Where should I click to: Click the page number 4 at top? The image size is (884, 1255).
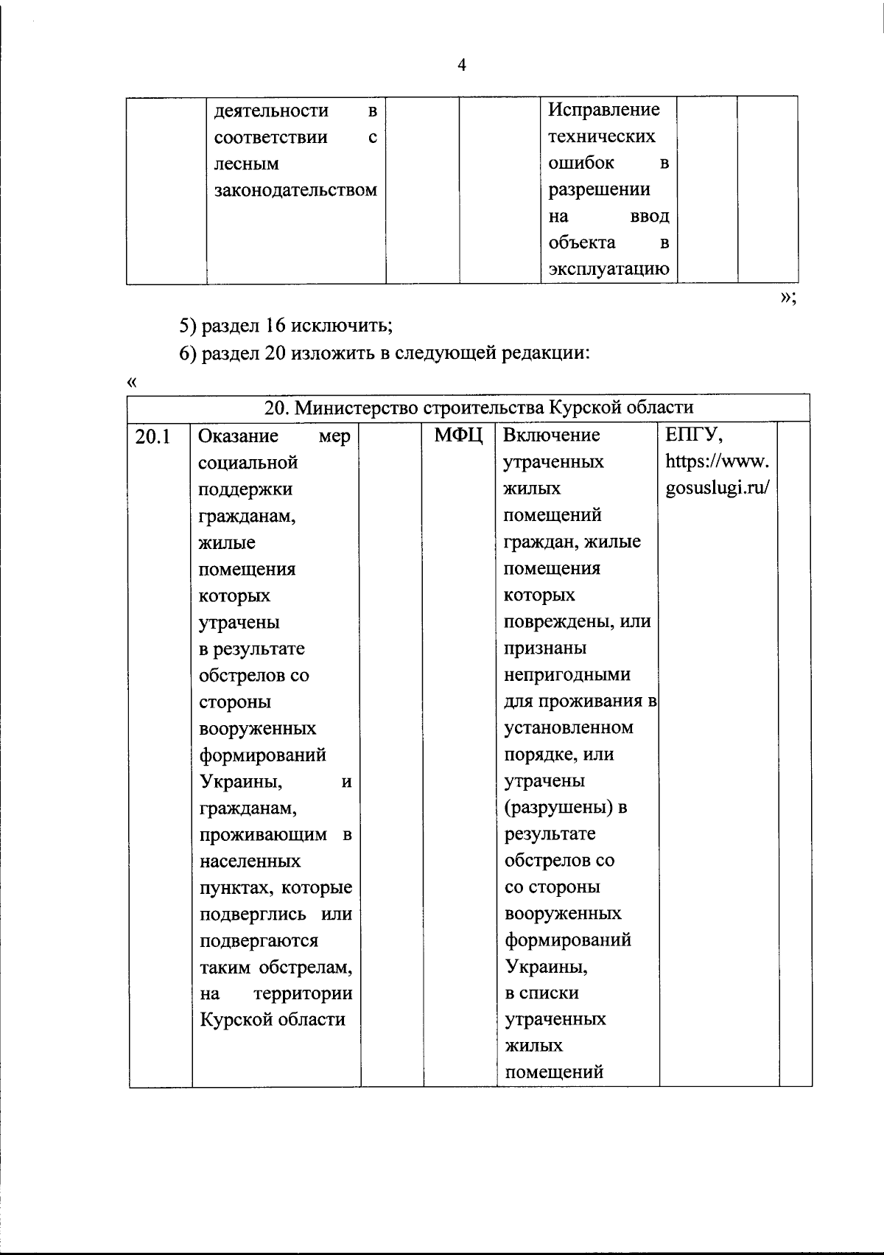pyautogui.click(x=462, y=66)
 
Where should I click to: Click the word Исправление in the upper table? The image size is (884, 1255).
pyautogui.click(x=603, y=110)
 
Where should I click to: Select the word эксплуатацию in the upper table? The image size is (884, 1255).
pyautogui.click(x=608, y=269)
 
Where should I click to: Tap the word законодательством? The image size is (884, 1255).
pyautogui.click(x=295, y=190)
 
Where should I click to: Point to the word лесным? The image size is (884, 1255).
pyautogui.click(x=246, y=164)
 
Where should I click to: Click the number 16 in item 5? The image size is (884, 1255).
pyautogui.click(x=276, y=324)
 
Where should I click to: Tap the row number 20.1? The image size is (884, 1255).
pyautogui.click(x=152, y=437)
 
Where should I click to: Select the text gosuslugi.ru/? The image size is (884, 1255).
pyautogui.click(x=718, y=488)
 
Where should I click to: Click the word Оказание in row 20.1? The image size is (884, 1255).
pyautogui.click(x=238, y=436)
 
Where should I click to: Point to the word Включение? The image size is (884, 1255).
pyautogui.click(x=551, y=435)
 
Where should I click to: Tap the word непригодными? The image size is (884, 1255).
pyautogui.click(x=567, y=674)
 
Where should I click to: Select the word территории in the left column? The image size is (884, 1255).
pyautogui.click(x=303, y=993)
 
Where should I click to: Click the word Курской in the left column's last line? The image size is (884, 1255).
pyautogui.click(x=233, y=1020)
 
